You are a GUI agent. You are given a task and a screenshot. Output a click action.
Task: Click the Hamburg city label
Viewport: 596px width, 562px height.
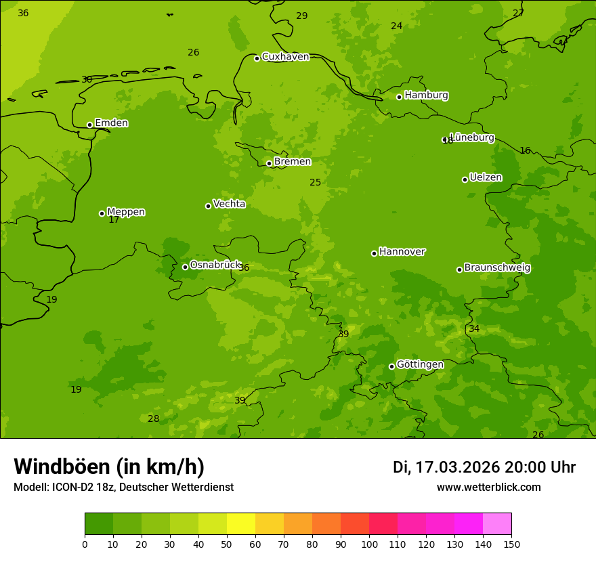[426, 95]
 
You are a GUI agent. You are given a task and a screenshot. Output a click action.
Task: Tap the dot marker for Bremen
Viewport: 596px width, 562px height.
[269, 163]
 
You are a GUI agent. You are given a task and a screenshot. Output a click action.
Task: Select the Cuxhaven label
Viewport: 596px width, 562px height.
[285, 57]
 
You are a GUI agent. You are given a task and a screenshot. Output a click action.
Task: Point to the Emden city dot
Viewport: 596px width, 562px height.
[89, 125]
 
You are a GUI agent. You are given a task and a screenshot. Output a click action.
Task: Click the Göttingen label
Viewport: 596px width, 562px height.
[420, 365]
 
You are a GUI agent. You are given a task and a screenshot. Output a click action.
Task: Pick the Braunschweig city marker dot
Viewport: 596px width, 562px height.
[459, 269]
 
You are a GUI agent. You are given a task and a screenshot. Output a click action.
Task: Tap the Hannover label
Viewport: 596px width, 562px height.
[402, 252]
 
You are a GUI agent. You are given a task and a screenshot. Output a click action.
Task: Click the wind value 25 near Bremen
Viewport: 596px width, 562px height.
[316, 183]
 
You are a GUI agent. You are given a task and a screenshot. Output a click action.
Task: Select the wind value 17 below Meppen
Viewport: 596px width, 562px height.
[114, 220]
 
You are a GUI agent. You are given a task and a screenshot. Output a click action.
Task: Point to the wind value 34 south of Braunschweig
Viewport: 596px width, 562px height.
[474, 329]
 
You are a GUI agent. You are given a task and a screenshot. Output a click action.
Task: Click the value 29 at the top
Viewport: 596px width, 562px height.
[301, 16]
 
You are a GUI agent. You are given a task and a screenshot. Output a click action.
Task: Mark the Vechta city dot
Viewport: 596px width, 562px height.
[208, 206]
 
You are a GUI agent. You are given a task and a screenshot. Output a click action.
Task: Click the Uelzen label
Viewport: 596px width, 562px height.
[486, 178]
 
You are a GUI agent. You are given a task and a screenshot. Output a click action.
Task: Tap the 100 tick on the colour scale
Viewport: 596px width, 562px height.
[369, 544]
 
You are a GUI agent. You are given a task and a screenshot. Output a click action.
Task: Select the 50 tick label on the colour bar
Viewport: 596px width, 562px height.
[227, 544]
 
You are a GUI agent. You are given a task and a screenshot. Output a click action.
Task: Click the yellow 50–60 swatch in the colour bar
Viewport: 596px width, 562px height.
[241, 524]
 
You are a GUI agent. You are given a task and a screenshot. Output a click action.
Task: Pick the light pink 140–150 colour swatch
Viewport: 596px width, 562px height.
[497, 524]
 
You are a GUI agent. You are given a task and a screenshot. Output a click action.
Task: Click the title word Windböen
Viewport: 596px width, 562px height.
[62, 467]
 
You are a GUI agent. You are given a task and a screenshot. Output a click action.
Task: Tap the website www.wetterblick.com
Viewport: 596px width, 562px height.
[488, 488]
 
